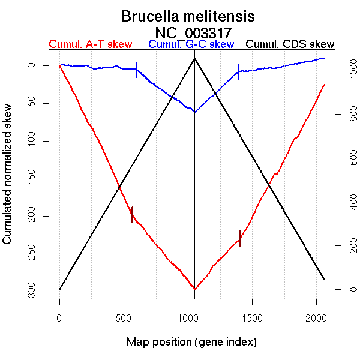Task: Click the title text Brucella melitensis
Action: click(x=188, y=16)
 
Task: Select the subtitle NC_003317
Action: click(x=193, y=32)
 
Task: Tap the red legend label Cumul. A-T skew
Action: click(x=91, y=44)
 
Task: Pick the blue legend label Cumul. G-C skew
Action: click(x=191, y=44)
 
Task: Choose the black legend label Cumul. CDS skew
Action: click(x=290, y=44)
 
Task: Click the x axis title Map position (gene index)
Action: click(x=191, y=342)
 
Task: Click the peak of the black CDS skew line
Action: click(x=194, y=58)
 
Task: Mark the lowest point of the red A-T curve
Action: click(x=194, y=289)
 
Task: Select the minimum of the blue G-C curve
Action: click(x=194, y=112)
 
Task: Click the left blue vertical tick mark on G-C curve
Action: click(x=137, y=70)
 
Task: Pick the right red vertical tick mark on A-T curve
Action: click(x=240, y=238)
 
